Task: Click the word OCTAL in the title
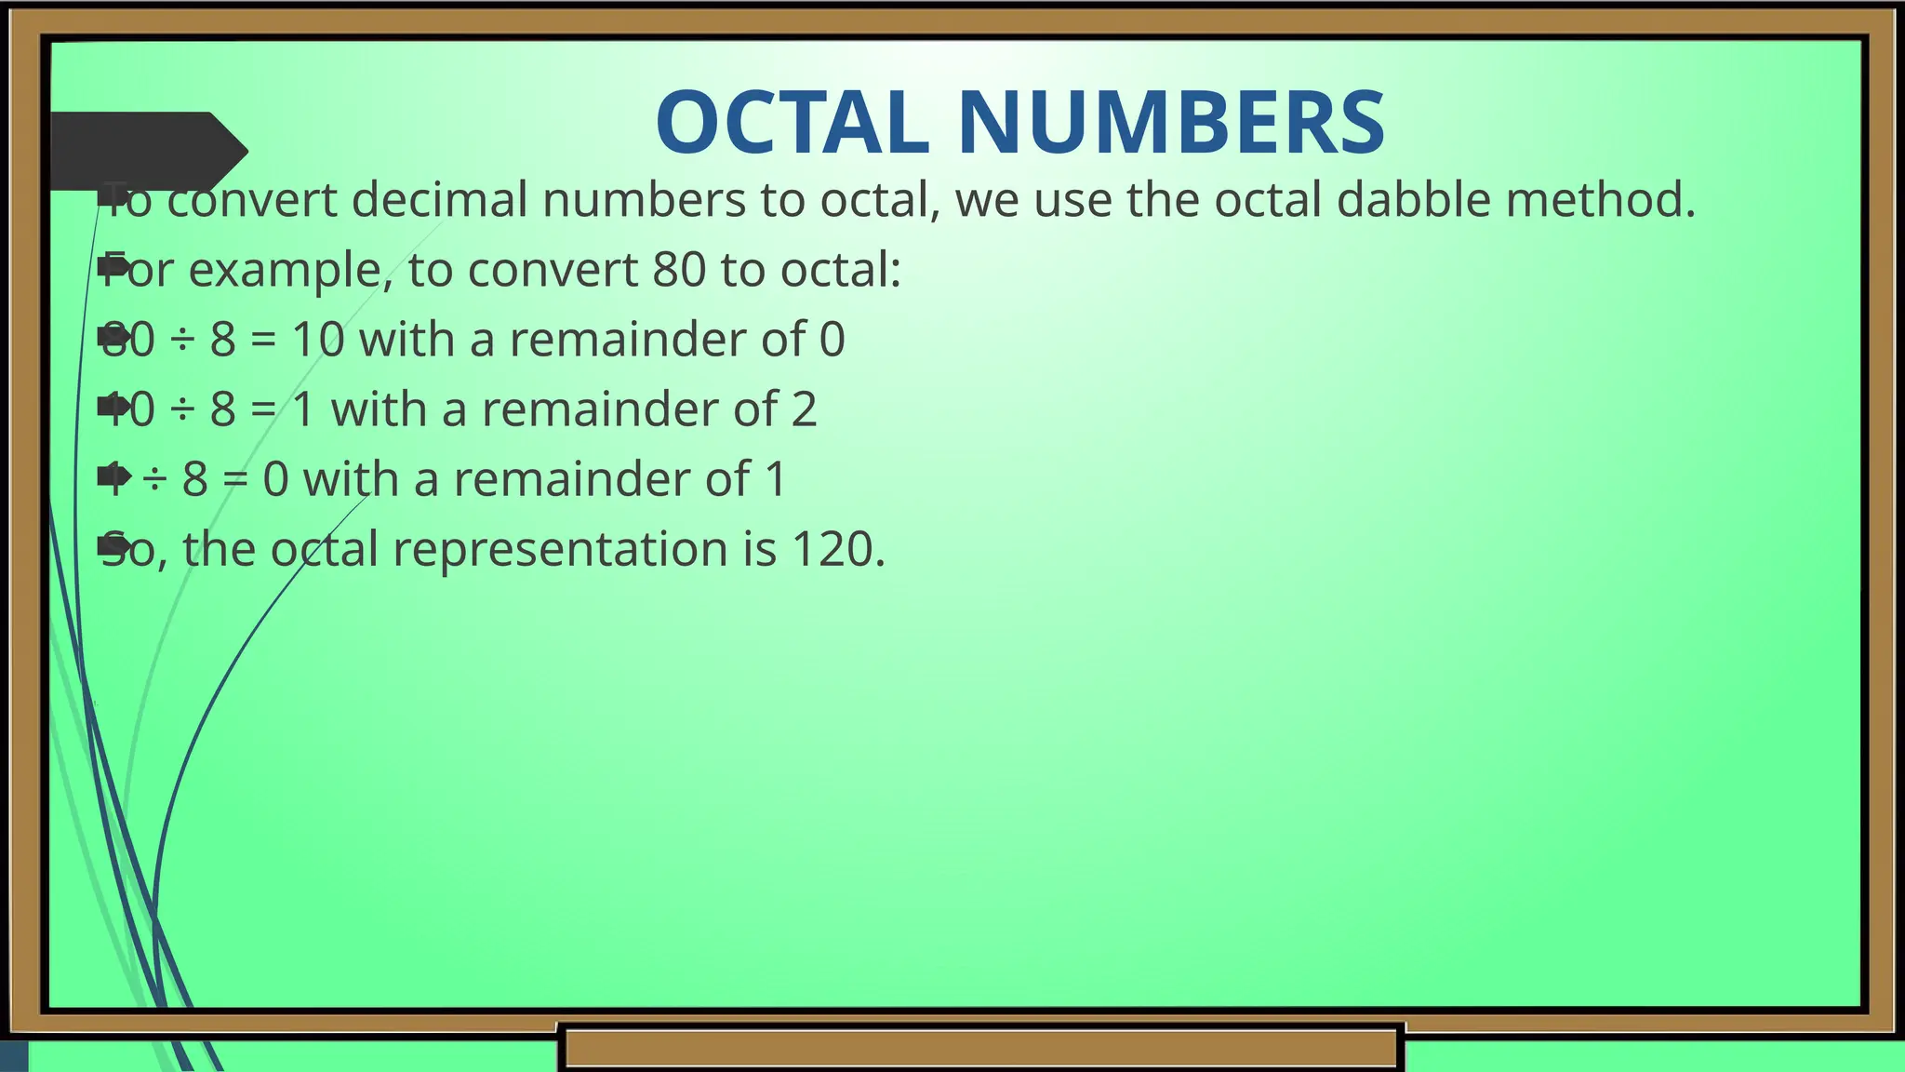[x=792, y=123]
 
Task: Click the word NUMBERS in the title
[x=1171, y=123]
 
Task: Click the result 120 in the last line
[x=832, y=548]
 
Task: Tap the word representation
[x=560, y=550]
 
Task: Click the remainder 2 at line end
[x=804, y=409]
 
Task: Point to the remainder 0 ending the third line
[x=832, y=339]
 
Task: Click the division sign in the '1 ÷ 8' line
[x=154, y=479]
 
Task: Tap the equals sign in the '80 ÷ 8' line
[x=263, y=340]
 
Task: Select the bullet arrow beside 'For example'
[x=113, y=267]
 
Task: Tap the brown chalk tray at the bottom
[x=981, y=1047]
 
